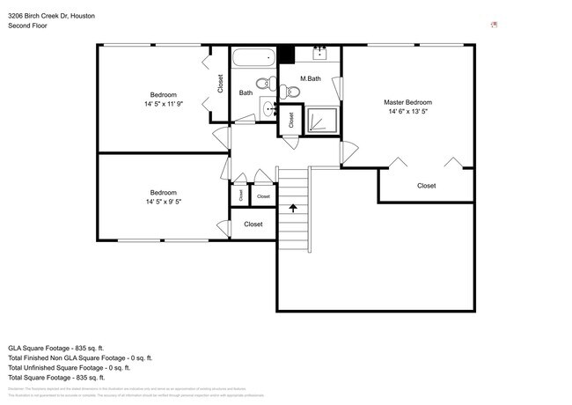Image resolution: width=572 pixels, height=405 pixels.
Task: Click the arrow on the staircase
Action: pyautogui.click(x=293, y=209)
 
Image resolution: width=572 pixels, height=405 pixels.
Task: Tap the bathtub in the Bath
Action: pyautogui.click(x=253, y=59)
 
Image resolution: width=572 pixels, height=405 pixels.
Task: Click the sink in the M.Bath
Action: pyautogui.click(x=319, y=53)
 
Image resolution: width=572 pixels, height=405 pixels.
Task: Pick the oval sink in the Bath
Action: pyautogui.click(x=268, y=109)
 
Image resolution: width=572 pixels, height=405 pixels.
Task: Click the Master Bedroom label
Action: pyautogui.click(x=408, y=102)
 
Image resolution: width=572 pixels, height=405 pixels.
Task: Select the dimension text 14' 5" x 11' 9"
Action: pyautogui.click(x=163, y=104)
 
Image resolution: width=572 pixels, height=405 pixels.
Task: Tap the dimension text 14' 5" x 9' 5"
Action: pyautogui.click(x=163, y=202)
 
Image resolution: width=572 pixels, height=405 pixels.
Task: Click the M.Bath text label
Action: pyautogui.click(x=310, y=78)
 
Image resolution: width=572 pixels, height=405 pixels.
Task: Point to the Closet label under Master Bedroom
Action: pyautogui.click(x=426, y=186)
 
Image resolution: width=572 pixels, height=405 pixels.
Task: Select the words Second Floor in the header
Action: pyautogui.click(x=27, y=26)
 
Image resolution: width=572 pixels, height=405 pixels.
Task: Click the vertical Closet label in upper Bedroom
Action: pyautogui.click(x=220, y=83)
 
